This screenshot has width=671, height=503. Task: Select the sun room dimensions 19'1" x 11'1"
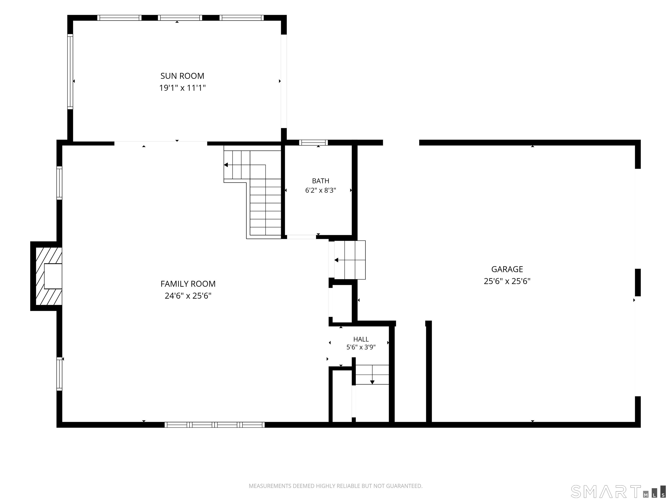182,88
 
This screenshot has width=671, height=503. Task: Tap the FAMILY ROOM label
188,284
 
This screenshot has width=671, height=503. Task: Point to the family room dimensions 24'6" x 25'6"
188,296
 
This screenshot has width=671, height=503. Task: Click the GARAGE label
507,269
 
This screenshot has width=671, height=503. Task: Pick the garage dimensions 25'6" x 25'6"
507,281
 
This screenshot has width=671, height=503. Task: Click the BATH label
320,181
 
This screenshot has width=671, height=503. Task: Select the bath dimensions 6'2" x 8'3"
320,190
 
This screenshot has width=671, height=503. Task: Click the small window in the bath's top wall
313,143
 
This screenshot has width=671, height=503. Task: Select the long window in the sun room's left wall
70,72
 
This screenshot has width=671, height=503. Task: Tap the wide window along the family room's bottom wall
214,425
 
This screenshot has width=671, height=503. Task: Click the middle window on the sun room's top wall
180,18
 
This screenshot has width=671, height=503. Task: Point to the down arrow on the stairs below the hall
372,375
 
